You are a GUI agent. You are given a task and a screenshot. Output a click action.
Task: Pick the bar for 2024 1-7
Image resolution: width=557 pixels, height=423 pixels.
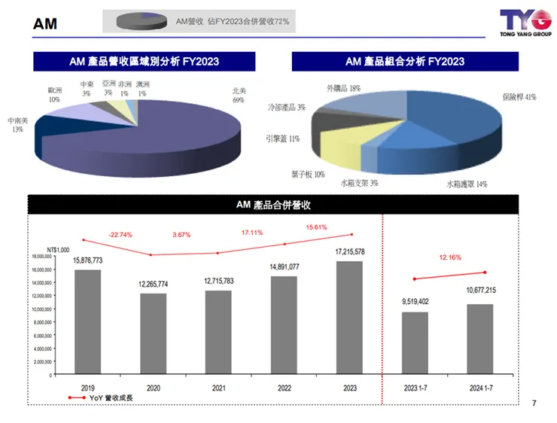(x=479, y=339)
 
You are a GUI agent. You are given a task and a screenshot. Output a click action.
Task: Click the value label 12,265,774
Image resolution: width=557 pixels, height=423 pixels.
(x=153, y=284)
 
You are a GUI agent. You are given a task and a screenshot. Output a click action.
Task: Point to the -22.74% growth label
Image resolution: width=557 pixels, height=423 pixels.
(x=120, y=235)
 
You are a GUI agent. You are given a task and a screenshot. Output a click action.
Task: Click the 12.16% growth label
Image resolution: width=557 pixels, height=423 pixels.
(x=450, y=257)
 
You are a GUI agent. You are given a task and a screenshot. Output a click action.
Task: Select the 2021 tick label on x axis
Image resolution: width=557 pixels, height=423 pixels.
(x=218, y=388)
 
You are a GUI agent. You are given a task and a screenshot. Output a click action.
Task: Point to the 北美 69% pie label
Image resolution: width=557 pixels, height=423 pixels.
(x=239, y=95)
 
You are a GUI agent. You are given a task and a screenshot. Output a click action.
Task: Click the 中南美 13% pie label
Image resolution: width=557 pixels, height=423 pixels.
(x=18, y=124)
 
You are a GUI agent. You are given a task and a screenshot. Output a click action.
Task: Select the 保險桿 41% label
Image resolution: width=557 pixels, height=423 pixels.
(x=519, y=97)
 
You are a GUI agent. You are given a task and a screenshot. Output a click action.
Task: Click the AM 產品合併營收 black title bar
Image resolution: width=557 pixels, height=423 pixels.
(x=273, y=205)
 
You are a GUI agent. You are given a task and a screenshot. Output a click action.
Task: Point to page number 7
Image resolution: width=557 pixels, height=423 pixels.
(x=534, y=404)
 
